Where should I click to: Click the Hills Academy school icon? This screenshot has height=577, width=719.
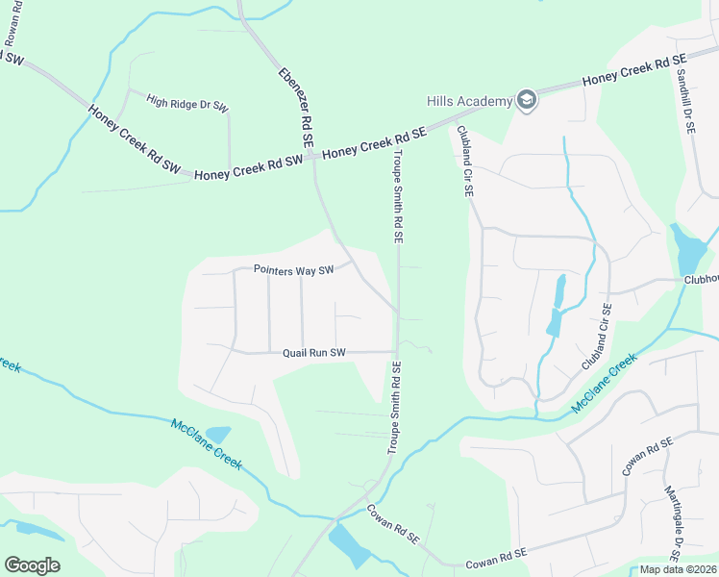coord(526,100)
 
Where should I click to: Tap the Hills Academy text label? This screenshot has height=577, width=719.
coord(470,100)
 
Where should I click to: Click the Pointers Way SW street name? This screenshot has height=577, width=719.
coord(293,270)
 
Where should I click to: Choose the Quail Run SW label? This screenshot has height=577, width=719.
coord(313,353)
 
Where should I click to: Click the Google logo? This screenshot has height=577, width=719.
coord(32,565)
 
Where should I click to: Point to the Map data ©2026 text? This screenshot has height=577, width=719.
coord(678,569)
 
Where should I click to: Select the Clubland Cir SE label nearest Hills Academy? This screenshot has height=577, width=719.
coord(465,162)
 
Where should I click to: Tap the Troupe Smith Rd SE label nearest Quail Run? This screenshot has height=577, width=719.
coord(393,409)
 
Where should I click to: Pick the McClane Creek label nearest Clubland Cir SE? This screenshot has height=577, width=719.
coord(605,384)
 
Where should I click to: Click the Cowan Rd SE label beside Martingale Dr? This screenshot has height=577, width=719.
coord(638,454)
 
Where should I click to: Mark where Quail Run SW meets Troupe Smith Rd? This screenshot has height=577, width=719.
coord(397,352)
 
